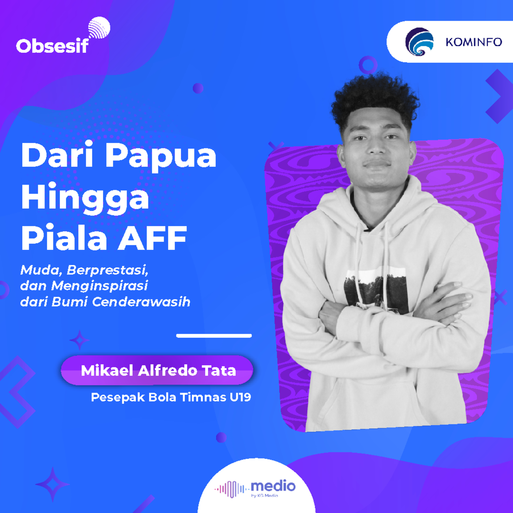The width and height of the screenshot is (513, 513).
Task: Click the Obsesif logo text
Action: [x=52, y=46]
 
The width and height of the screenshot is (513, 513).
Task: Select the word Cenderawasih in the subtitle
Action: [x=141, y=302]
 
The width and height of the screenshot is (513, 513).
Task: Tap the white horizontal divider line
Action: [x=214, y=336]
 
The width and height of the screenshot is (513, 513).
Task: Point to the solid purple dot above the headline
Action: [x=198, y=88]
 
